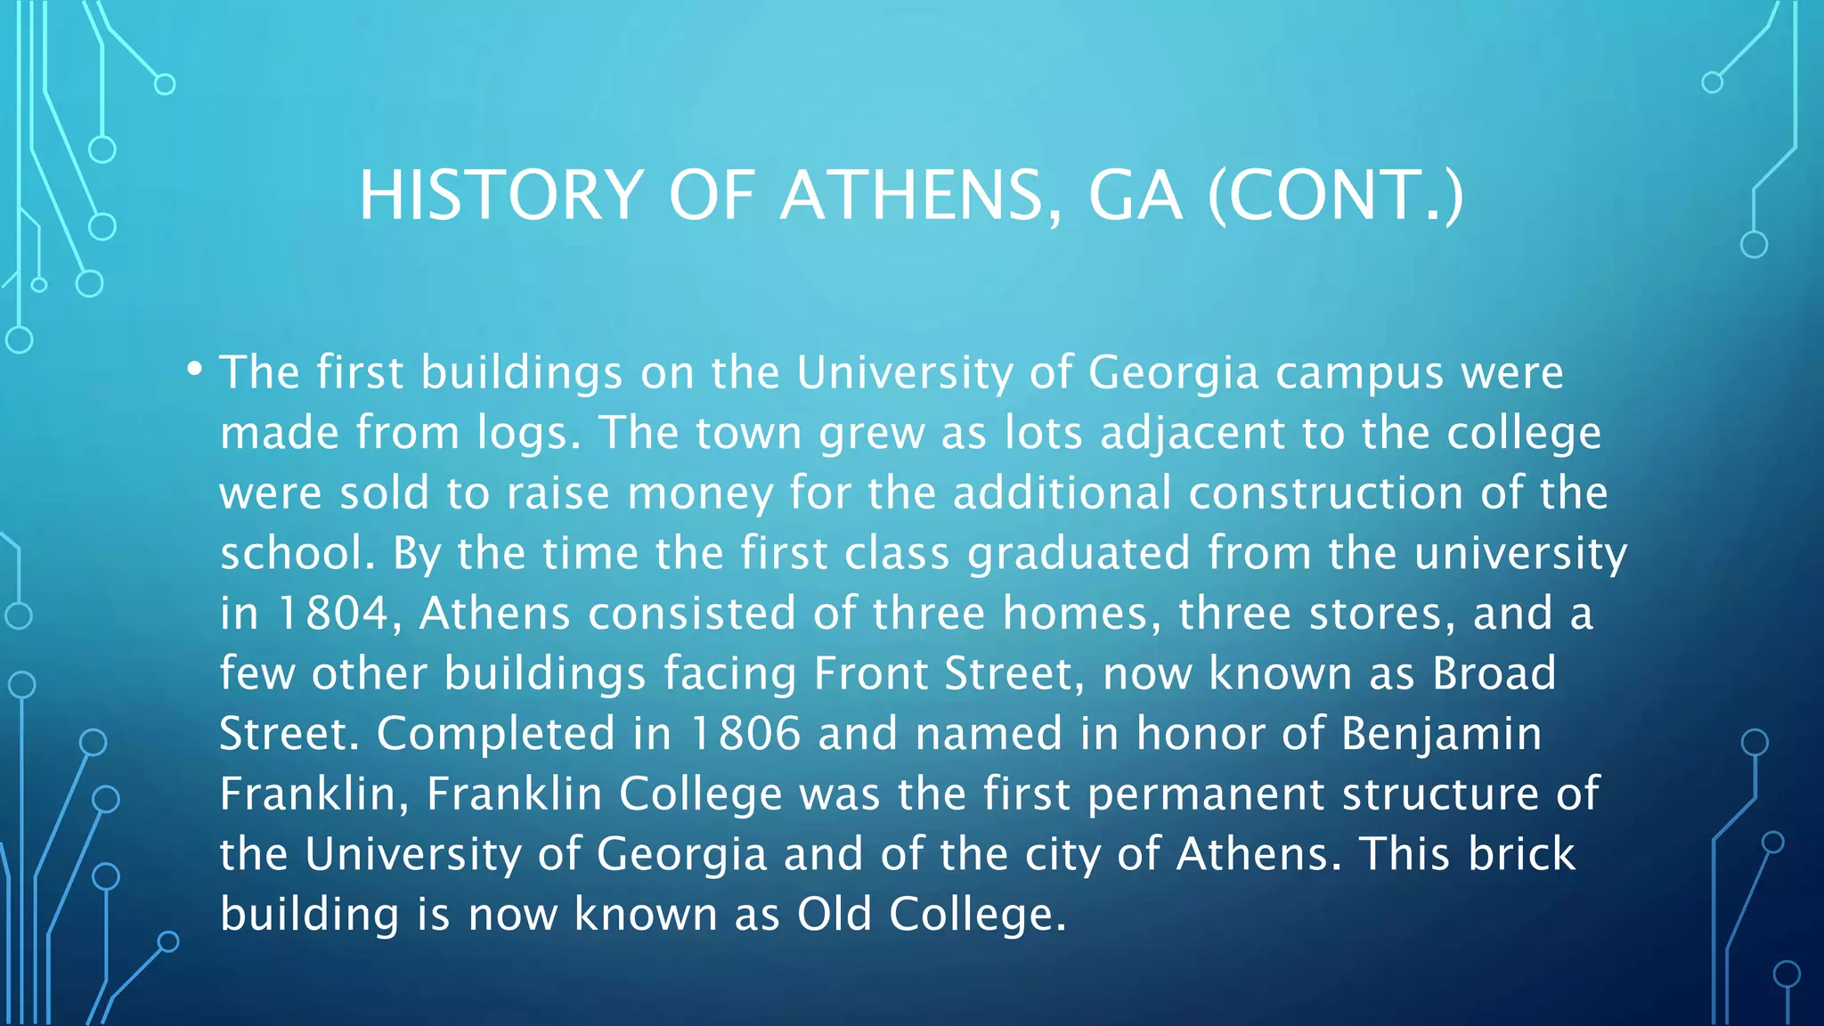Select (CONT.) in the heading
[1335, 196]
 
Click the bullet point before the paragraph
[195, 368]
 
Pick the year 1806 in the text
[745, 734]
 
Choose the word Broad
[1494, 673]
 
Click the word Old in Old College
[834, 915]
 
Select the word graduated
[1079, 554]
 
